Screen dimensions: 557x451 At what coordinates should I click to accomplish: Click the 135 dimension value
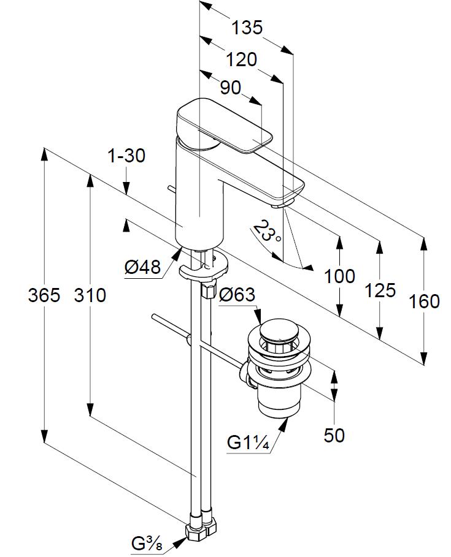click(247, 28)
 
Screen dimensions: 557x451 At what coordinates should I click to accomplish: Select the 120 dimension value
click(241, 59)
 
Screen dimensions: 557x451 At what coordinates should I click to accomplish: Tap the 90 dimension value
click(230, 88)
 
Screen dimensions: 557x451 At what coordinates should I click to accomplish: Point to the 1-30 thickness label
click(126, 156)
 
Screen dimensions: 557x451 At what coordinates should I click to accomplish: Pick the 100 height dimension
click(339, 276)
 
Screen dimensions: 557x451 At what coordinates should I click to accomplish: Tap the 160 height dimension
click(424, 301)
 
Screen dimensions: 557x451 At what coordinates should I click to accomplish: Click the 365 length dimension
click(44, 295)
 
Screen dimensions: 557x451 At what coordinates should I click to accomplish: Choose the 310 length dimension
click(90, 295)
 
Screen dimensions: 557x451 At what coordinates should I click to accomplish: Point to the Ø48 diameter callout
click(142, 267)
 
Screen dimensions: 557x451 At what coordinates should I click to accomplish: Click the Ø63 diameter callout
click(236, 295)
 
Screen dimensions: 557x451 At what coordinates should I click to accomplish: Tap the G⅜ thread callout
click(147, 543)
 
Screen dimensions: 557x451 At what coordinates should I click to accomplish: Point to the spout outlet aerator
click(280, 206)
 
